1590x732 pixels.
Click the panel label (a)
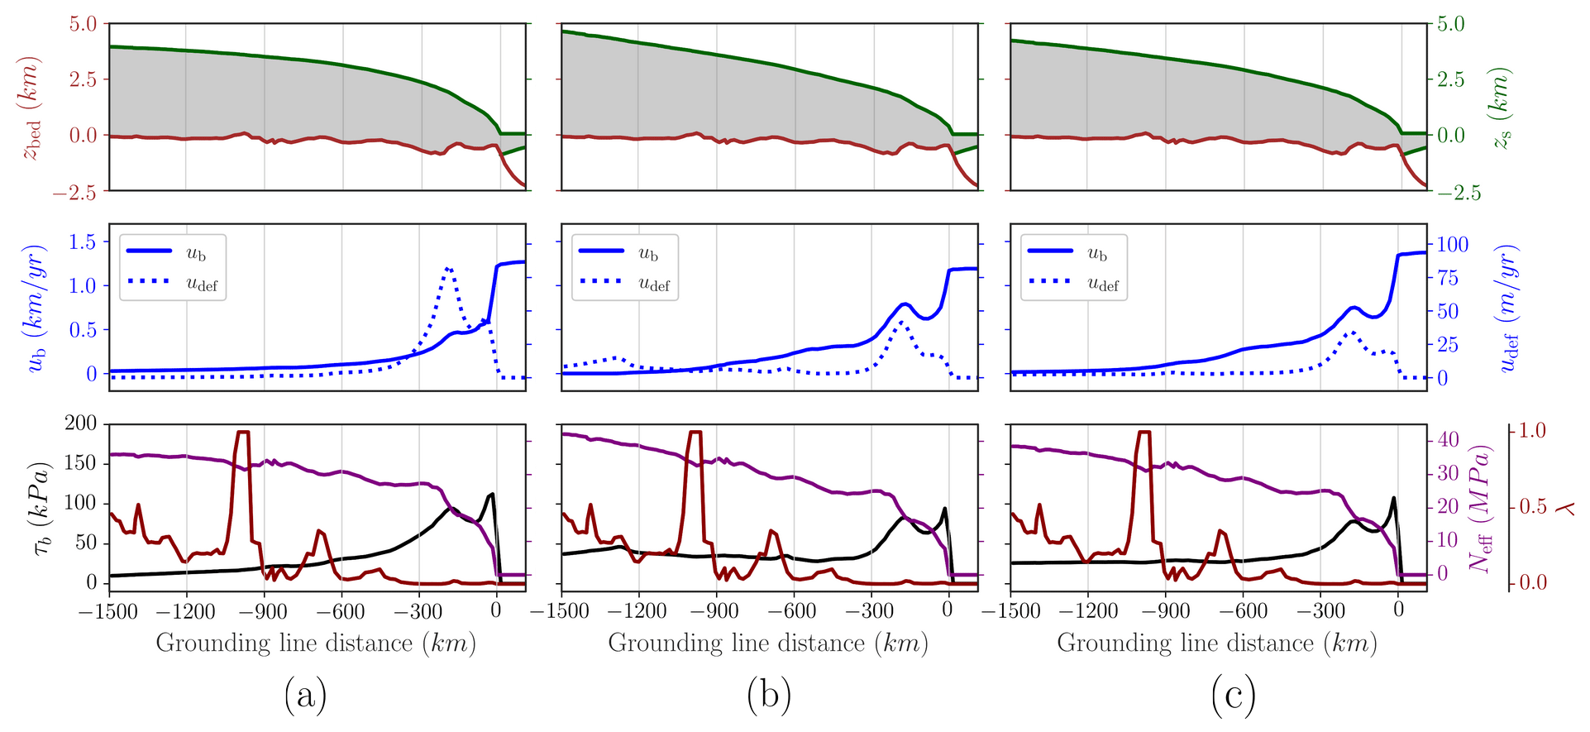click(x=305, y=695)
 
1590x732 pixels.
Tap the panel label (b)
click(x=768, y=695)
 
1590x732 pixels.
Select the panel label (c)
click(x=1233, y=695)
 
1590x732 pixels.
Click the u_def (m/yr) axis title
click(x=1509, y=308)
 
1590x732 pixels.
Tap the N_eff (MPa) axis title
click(x=1480, y=508)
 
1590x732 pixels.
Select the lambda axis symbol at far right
click(x=1565, y=507)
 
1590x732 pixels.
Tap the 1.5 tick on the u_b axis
click(x=80, y=242)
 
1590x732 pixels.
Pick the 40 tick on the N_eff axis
click(x=1449, y=439)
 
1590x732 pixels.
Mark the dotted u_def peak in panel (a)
click(x=448, y=268)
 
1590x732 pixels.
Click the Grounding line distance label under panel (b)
click(x=768, y=643)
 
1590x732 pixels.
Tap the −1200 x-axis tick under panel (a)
click(x=187, y=611)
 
